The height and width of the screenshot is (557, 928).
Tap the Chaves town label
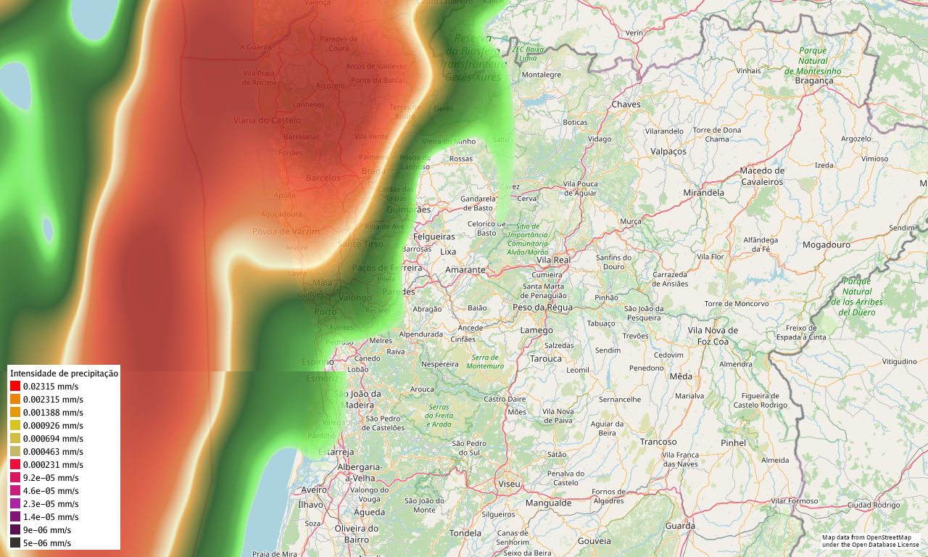tap(626, 104)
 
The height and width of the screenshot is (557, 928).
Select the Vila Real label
tap(553, 259)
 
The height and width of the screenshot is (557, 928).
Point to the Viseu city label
tap(510, 483)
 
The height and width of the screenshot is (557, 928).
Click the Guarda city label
tap(680, 526)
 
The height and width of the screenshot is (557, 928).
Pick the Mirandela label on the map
tap(703, 193)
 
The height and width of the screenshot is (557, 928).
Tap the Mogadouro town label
tap(826, 244)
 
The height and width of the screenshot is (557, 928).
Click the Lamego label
tap(536, 330)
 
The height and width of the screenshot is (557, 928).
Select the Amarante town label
tap(465, 270)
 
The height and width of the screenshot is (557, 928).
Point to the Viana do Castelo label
tap(267, 120)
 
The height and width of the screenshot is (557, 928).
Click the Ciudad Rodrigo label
tap(874, 505)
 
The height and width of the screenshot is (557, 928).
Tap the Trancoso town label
tap(658, 442)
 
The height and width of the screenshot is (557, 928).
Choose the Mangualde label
tap(548, 503)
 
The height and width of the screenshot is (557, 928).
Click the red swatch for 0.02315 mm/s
tap(15, 387)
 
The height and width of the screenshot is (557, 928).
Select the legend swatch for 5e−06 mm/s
tap(15, 542)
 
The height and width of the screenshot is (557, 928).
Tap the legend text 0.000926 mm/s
tap(53, 426)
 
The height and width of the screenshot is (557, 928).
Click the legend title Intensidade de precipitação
tap(64, 373)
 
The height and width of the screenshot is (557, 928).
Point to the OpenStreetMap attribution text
tap(870, 540)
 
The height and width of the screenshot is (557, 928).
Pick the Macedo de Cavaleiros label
tap(762, 176)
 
